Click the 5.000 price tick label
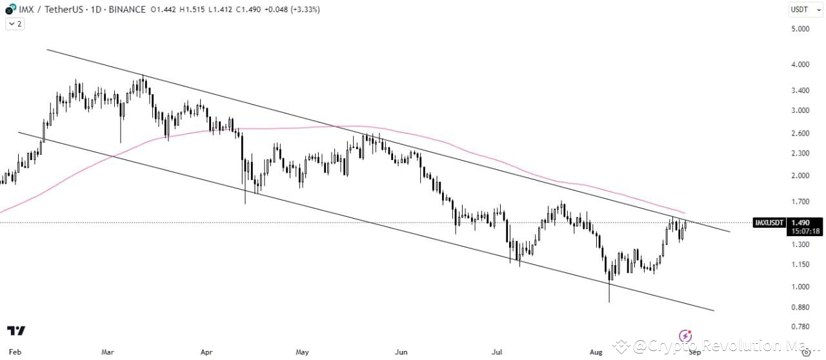coord(800,29)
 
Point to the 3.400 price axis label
coord(800,90)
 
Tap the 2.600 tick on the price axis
coord(800,134)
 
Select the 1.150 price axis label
coord(800,265)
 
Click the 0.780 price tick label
coord(800,327)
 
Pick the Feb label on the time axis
coord(15,353)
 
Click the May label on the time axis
coord(302,353)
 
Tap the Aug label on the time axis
coord(596,353)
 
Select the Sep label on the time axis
coord(694,353)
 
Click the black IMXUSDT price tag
coord(769,223)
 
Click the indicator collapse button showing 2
coord(14,24)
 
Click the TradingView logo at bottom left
coord(16,330)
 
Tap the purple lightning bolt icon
coord(686,335)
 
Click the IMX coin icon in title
coord(10,10)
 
